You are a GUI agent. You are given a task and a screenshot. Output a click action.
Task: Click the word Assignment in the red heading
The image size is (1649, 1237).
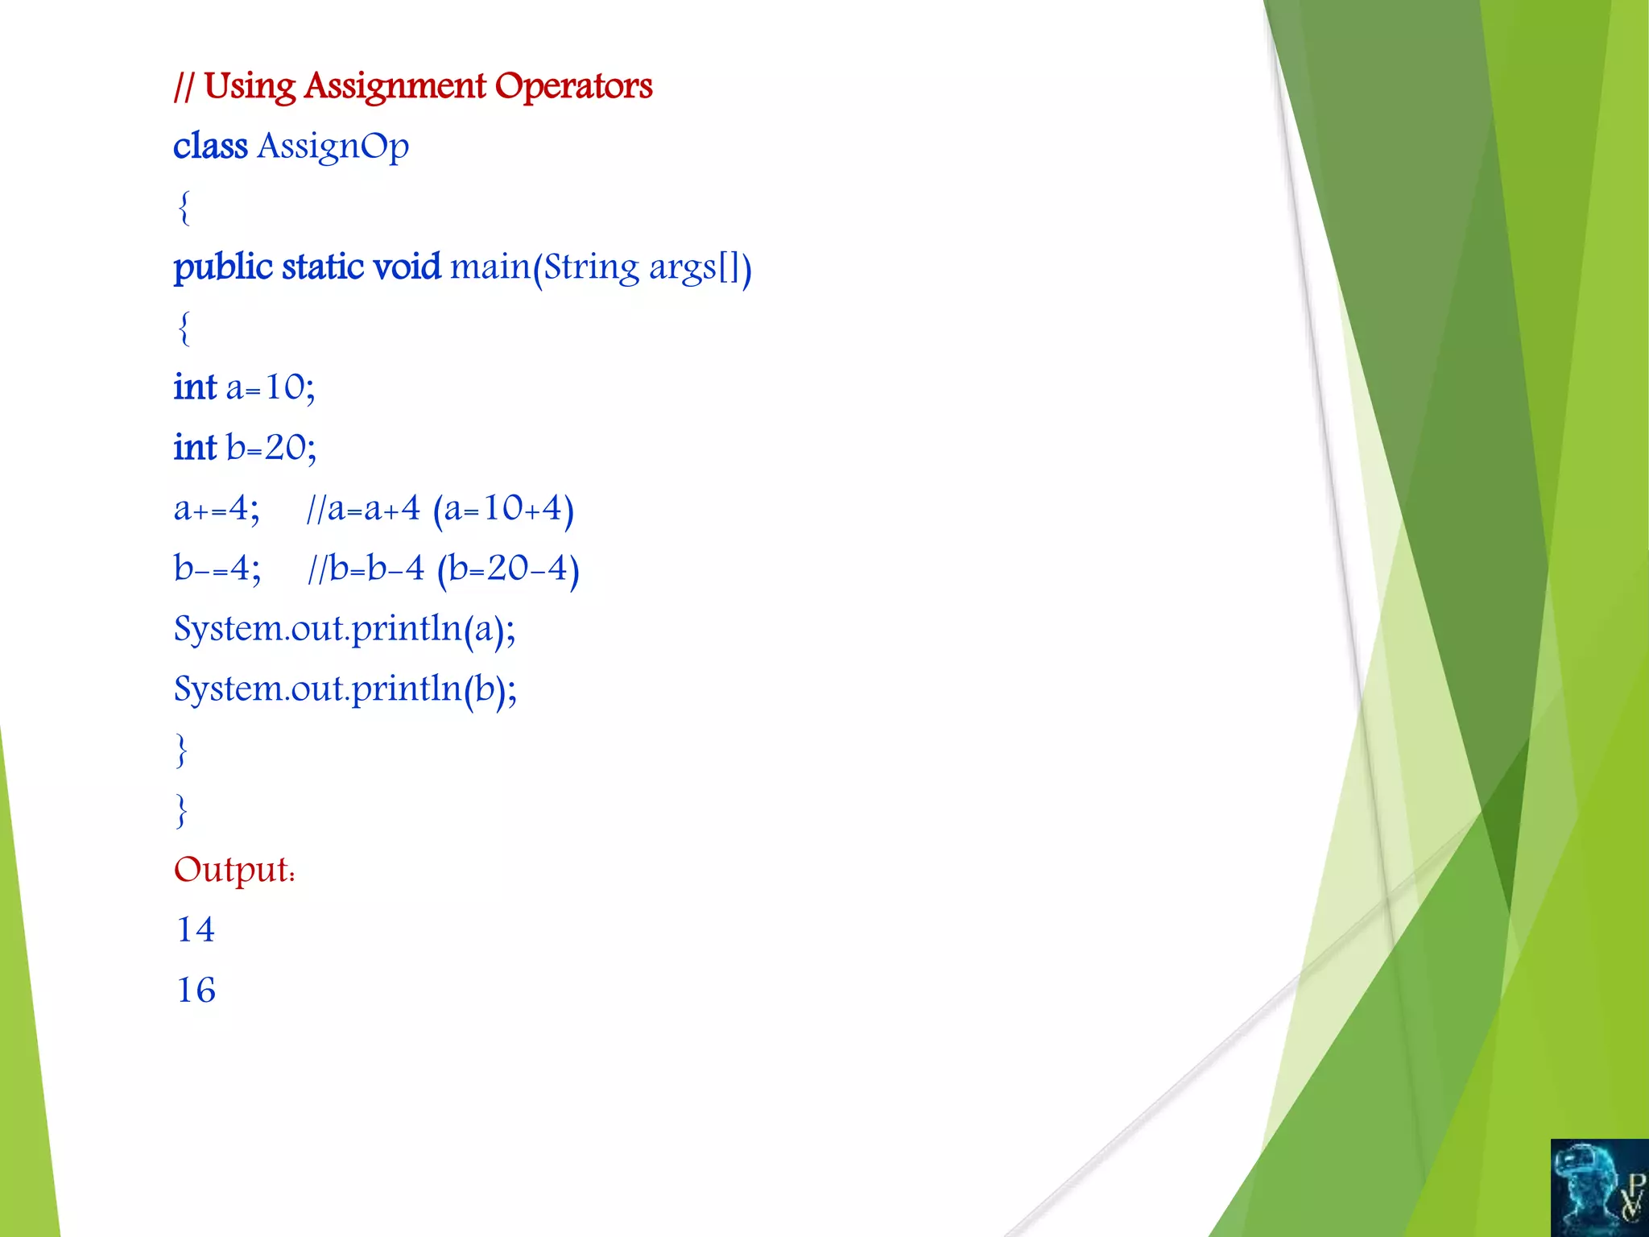pyautogui.click(x=395, y=86)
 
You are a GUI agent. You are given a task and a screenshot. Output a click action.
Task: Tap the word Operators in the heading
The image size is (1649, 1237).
pyautogui.click(x=573, y=86)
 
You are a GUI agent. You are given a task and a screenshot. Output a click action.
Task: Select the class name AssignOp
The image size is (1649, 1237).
pyautogui.click(x=333, y=147)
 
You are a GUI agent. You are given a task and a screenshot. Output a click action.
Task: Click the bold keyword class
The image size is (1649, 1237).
pyautogui.click(x=210, y=147)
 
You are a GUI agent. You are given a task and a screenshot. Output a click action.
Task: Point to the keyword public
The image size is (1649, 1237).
pyautogui.click(x=223, y=267)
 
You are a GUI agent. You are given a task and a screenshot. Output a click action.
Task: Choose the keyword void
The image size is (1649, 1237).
pyautogui.click(x=407, y=267)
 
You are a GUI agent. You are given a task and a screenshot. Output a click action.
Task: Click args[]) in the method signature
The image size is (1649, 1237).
pyautogui.click(x=700, y=267)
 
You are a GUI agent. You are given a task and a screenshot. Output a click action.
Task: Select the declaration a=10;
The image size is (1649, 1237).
pyautogui.click(x=271, y=388)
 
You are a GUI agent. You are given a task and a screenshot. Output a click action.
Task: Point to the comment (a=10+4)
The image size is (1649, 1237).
pyautogui.click(x=503, y=509)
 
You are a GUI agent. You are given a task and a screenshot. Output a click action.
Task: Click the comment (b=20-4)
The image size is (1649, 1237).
pyautogui.click(x=508, y=569)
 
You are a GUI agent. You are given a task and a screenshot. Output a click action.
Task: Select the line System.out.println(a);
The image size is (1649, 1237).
pyautogui.click(x=345, y=630)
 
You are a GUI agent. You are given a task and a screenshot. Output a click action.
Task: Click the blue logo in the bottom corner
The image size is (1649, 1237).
pyautogui.click(x=1599, y=1187)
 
